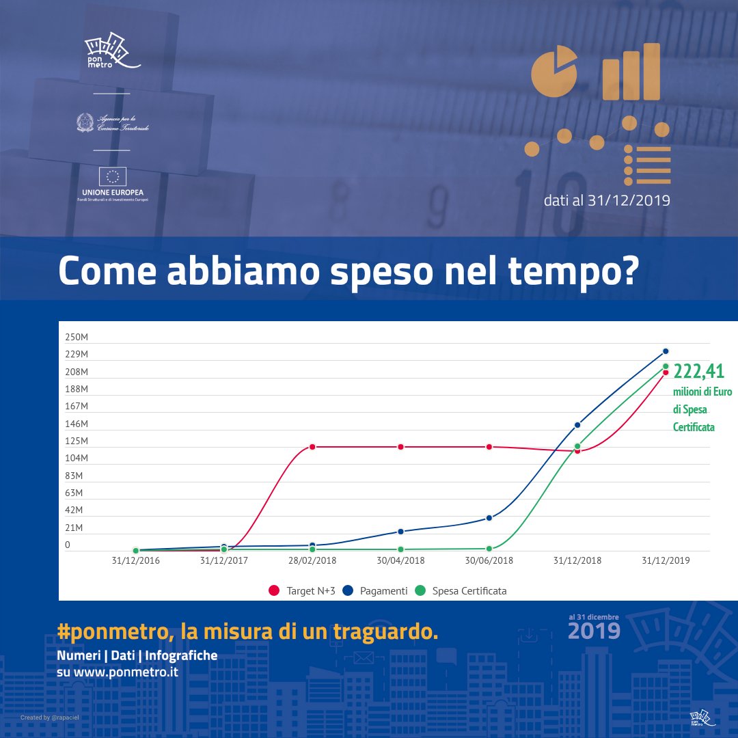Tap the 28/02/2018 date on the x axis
312,561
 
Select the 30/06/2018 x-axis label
489,561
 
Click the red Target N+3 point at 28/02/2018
312,447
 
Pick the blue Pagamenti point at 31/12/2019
666,351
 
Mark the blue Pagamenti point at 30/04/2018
400,532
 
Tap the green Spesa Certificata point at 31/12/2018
577,446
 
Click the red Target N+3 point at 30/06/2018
489,447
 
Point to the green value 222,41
699,372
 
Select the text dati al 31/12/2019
607,201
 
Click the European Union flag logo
112,178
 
